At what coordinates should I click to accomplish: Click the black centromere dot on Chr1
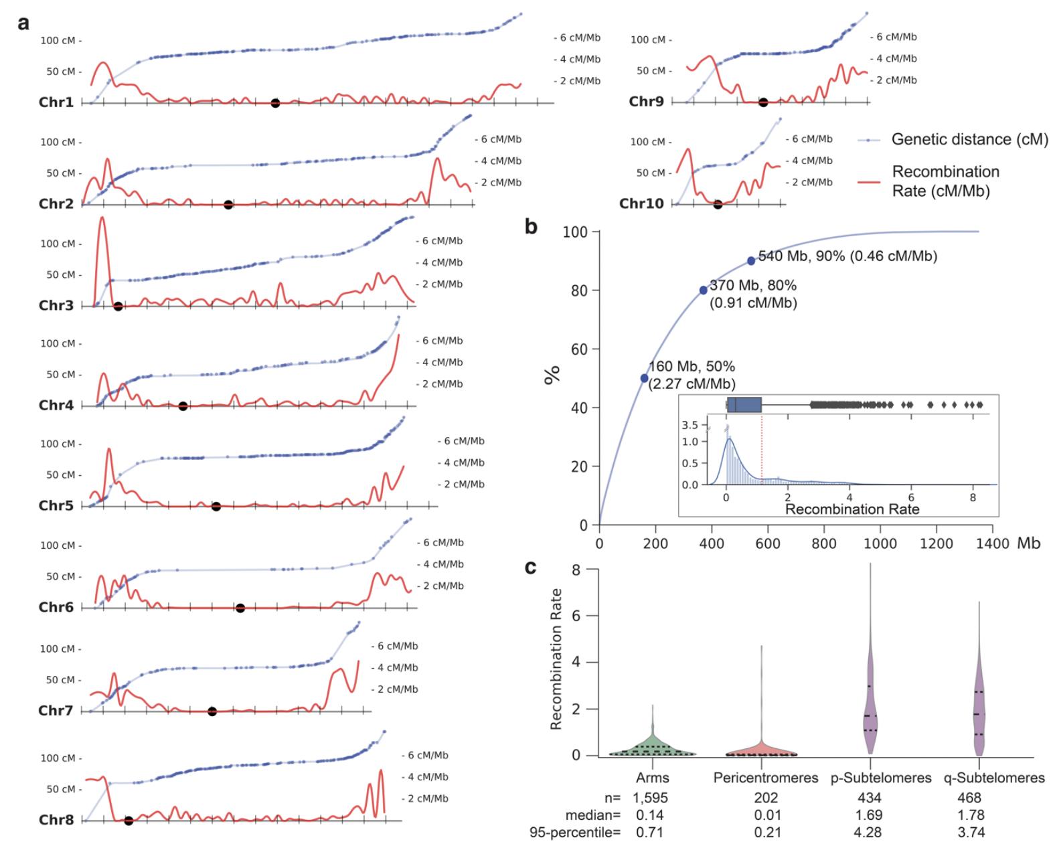pyautogui.click(x=275, y=103)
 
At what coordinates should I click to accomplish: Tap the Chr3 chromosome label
pyautogui.click(x=56, y=306)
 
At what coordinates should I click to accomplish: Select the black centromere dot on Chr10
pyautogui.click(x=718, y=204)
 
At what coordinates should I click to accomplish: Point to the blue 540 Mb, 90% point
pyautogui.click(x=751, y=261)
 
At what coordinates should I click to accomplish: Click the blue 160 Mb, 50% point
pyautogui.click(x=644, y=378)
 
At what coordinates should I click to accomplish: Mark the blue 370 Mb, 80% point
pyautogui.click(x=703, y=290)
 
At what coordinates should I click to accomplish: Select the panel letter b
pyautogui.click(x=531, y=228)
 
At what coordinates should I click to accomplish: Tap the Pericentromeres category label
pyautogui.click(x=766, y=778)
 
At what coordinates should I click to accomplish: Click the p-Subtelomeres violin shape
pyautogui.click(x=870, y=709)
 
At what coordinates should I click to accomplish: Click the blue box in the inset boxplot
pyautogui.click(x=744, y=405)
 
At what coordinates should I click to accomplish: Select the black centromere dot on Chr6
pyautogui.click(x=240, y=608)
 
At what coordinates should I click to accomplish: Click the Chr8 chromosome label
pyautogui.click(x=56, y=820)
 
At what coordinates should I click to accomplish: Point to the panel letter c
pyautogui.click(x=530, y=568)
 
